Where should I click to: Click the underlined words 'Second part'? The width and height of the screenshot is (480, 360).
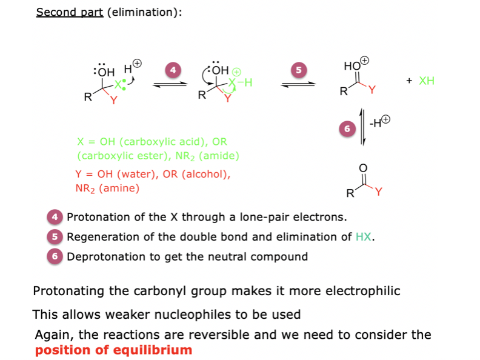click(70, 12)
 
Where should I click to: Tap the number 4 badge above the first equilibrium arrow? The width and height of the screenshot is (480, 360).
click(173, 70)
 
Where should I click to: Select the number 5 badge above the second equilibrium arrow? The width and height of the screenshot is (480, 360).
click(298, 70)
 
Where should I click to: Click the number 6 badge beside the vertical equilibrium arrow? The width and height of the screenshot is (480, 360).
click(347, 128)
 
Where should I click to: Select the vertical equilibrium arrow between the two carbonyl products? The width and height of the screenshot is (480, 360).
click(363, 126)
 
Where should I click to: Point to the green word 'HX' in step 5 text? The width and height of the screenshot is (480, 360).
click(364, 237)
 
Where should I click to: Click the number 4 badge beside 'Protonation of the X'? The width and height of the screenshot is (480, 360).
click(55, 217)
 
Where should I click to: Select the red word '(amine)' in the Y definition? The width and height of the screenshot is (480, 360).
click(119, 188)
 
